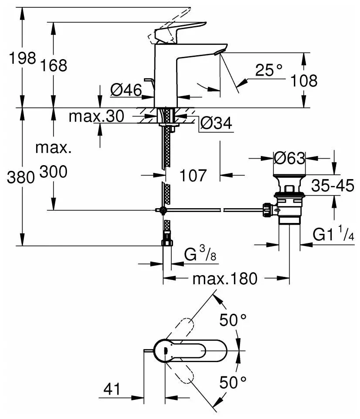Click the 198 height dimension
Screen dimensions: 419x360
click(x=22, y=59)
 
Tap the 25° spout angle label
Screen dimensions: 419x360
click(x=269, y=70)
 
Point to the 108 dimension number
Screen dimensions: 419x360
click(x=303, y=81)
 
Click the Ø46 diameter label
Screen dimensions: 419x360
click(x=126, y=90)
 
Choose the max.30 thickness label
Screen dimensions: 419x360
click(x=97, y=116)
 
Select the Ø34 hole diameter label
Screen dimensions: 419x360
click(x=216, y=124)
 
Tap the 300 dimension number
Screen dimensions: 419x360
click(x=54, y=173)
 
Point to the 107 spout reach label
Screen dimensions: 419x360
click(x=193, y=176)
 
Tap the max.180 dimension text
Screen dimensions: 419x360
click(x=226, y=278)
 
